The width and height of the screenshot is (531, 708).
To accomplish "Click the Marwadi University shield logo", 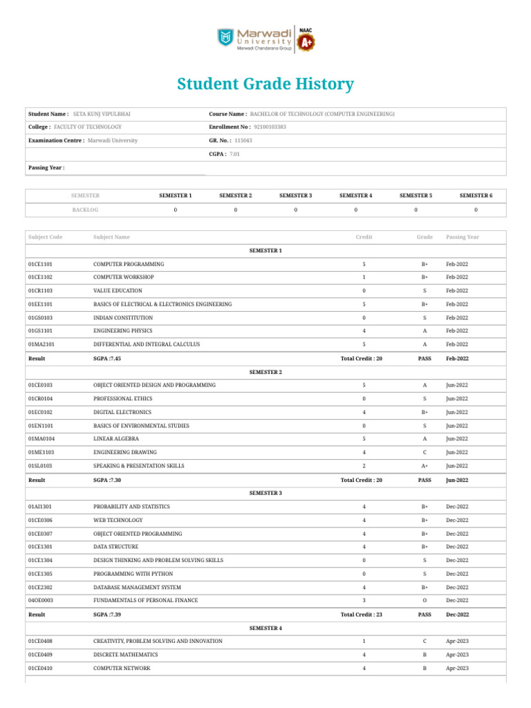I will (226, 38).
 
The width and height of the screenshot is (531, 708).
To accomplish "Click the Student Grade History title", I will (265, 84).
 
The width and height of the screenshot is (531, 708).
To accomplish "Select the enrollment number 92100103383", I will (270, 127).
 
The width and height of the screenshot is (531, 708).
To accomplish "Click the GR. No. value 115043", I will (243, 140).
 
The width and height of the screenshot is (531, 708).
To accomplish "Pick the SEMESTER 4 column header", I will (355, 196).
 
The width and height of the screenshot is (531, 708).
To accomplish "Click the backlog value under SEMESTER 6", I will (476, 209).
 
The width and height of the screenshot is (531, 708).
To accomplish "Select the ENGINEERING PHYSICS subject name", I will (123, 330).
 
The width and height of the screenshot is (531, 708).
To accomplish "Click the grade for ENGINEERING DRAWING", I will (425, 453).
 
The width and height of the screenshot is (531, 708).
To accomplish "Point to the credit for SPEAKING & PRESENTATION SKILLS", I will (364, 466).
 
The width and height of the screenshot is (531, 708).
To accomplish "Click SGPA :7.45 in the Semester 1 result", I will (107, 359).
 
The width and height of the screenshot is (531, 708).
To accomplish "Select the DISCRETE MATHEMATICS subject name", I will (125, 654).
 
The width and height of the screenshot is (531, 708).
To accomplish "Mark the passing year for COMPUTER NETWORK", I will (457, 668).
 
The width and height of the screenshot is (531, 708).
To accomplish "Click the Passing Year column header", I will (463, 237).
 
